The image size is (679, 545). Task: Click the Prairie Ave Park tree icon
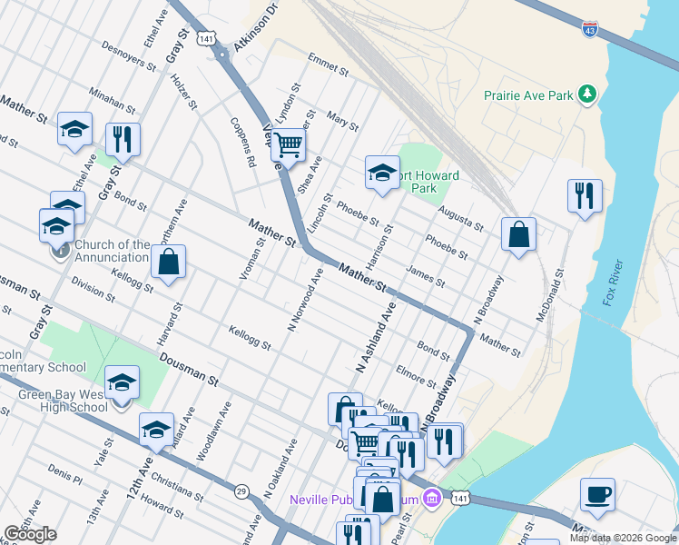(x=589, y=94)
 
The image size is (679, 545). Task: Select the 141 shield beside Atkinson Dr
(x=209, y=39)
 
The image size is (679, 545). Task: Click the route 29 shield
(x=241, y=491)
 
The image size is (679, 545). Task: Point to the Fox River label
(x=614, y=283)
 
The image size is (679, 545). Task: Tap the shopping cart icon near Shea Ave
(x=288, y=144)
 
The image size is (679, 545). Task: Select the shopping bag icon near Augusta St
(x=517, y=233)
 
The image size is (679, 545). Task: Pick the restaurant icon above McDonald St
(x=585, y=195)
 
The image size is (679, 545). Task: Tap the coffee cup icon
(x=597, y=494)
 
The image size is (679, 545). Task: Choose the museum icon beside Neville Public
(x=432, y=499)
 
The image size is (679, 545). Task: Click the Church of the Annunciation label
(x=113, y=251)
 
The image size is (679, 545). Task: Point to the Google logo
(x=31, y=534)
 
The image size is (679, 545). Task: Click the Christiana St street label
(x=178, y=487)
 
